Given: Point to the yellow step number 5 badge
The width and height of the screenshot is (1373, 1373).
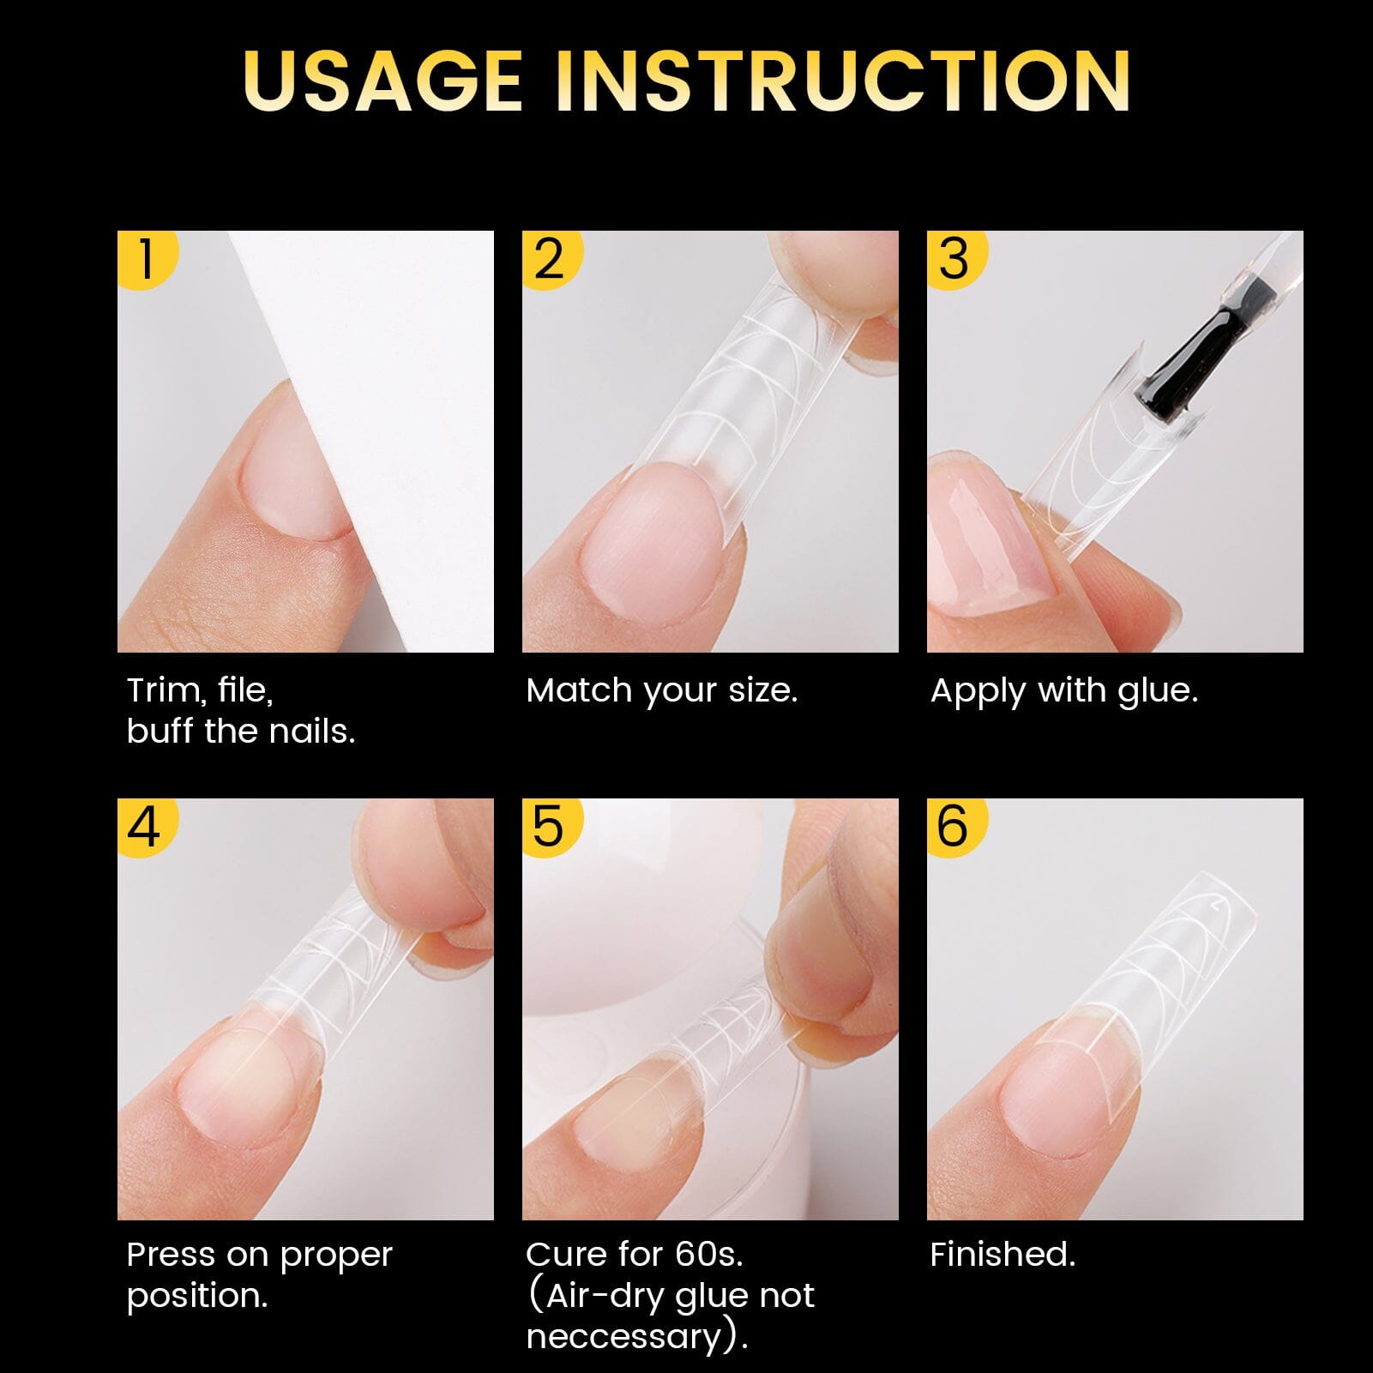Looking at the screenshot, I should click(x=549, y=826).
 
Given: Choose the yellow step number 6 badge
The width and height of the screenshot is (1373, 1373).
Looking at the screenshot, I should click(x=954, y=826).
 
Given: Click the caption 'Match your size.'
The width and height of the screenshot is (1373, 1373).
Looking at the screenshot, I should click(x=661, y=690).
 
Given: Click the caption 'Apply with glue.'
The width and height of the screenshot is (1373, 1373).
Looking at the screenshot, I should click(x=1063, y=690).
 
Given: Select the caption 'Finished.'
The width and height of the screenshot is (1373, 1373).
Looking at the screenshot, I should click(x=1002, y=1255).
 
